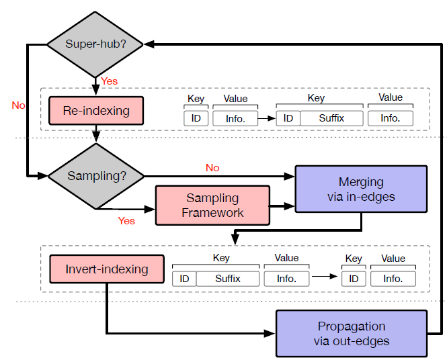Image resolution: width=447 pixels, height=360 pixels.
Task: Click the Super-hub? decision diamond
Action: pos(95,44)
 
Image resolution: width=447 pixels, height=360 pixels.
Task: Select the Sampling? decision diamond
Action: pos(96,176)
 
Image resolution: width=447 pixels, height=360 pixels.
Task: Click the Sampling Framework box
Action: pos(212,205)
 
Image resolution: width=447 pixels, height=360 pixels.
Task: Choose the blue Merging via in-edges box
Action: pos(362,189)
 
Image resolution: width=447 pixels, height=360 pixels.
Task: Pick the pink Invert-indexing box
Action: pos(106,269)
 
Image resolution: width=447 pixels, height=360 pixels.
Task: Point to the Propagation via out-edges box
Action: pos(351,333)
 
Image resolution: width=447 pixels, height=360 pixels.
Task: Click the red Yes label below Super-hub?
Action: pos(109,81)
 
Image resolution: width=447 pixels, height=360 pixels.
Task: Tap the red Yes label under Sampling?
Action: pos(126,221)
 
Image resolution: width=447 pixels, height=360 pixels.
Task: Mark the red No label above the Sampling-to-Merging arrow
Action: pos(212,168)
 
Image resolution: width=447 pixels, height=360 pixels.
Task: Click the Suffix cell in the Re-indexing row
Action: pos(331,118)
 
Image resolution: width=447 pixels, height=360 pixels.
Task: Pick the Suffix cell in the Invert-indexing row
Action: pos(227,278)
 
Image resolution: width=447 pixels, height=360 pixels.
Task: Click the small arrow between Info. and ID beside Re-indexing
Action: pos(266,119)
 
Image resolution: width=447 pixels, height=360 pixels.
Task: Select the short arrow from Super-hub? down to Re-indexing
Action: pos(96,85)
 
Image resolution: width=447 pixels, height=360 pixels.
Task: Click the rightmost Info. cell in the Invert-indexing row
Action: pos(393,278)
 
